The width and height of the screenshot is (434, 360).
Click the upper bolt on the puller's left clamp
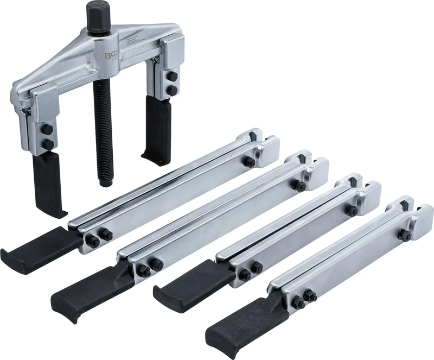point(47,129)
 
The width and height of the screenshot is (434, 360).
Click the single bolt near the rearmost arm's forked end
point(249,161)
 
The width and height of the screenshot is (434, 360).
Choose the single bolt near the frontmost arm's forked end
point(404,235)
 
